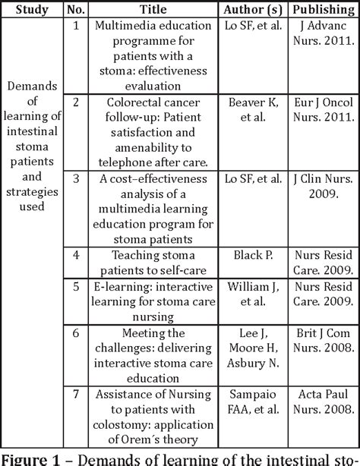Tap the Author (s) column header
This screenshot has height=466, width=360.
pos(251,10)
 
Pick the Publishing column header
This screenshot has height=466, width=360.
pos(320,10)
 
